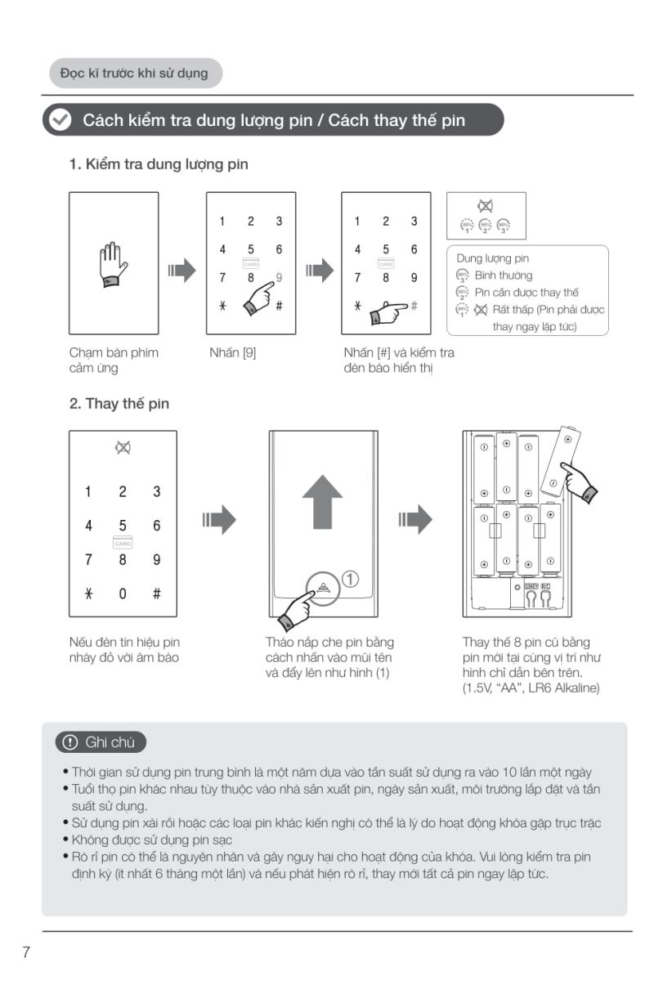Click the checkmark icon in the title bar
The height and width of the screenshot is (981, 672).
(x=60, y=120)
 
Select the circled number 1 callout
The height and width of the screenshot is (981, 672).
(x=350, y=579)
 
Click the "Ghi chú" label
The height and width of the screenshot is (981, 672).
(x=101, y=742)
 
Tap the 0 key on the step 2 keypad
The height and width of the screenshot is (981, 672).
(x=123, y=594)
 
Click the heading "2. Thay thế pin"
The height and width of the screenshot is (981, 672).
(x=119, y=404)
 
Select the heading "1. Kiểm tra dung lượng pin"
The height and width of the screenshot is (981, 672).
(x=159, y=164)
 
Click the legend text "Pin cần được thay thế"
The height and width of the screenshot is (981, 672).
(x=526, y=293)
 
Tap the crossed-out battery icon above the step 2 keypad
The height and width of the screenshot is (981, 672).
(x=123, y=448)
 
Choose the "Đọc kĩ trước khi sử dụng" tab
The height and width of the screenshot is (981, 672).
(x=134, y=73)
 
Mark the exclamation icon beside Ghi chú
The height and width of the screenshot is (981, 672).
(x=69, y=742)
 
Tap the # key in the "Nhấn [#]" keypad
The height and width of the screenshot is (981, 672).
(x=414, y=305)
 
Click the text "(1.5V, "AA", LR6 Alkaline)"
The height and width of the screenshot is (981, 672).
(x=531, y=688)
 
